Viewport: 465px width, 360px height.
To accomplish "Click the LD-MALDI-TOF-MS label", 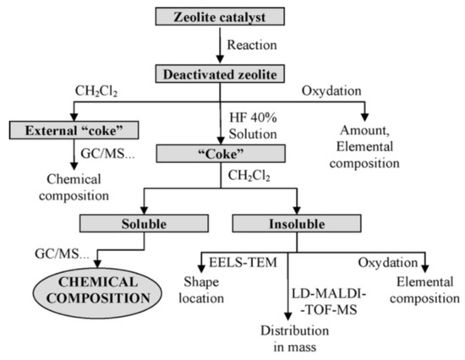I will [320, 281].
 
